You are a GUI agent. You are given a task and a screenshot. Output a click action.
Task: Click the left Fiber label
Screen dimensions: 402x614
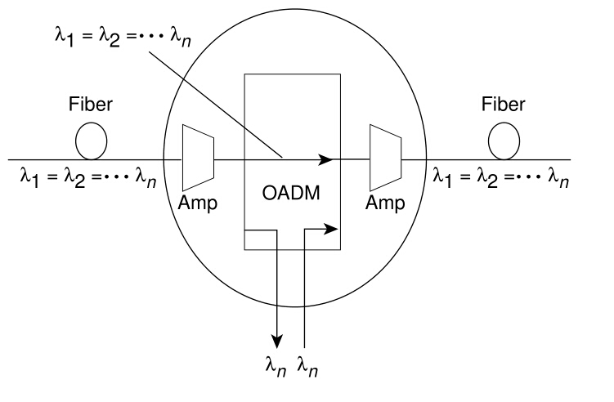(x=92, y=107)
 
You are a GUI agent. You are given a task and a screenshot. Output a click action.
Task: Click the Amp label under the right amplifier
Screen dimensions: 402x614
(x=383, y=203)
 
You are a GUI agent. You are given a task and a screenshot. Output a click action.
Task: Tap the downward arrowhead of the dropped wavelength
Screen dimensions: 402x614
(x=278, y=337)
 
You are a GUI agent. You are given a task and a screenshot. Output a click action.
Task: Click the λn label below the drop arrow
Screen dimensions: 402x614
(x=276, y=365)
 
